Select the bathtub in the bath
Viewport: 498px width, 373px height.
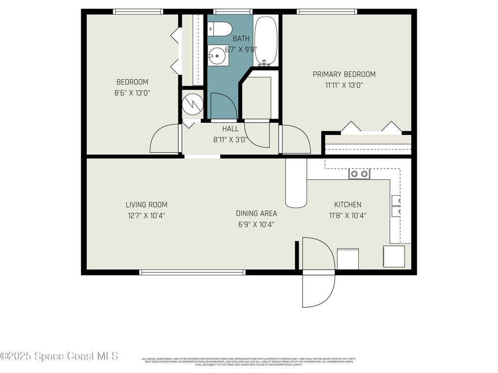pyautogui.click(x=266, y=41)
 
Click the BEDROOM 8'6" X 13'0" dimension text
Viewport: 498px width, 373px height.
pyautogui.click(x=132, y=93)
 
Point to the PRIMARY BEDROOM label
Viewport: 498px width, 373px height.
pyautogui.click(x=344, y=74)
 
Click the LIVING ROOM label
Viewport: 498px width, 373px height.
pyautogui.click(x=146, y=205)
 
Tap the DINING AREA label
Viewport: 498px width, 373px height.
pyautogui.click(x=256, y=213)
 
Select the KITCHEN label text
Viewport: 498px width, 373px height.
pyautogui.click(x=347, y=204)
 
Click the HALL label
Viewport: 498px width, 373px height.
pyautogui.click(x=231, y=129)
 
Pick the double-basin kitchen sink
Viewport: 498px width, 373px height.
pyautogui.click(x=359, y=174)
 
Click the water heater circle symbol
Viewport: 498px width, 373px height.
pyautogui.click(x=191, y=102)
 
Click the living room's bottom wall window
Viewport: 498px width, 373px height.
pyautogui.click(x=192, y=272)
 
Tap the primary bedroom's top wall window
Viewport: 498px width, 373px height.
pyautogui.click(x=327, y=12)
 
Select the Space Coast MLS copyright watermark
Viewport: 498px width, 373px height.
pyautogui.click(x=59, y=356)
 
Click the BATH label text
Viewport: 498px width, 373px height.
pyautogui.click(x=241, y=39)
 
